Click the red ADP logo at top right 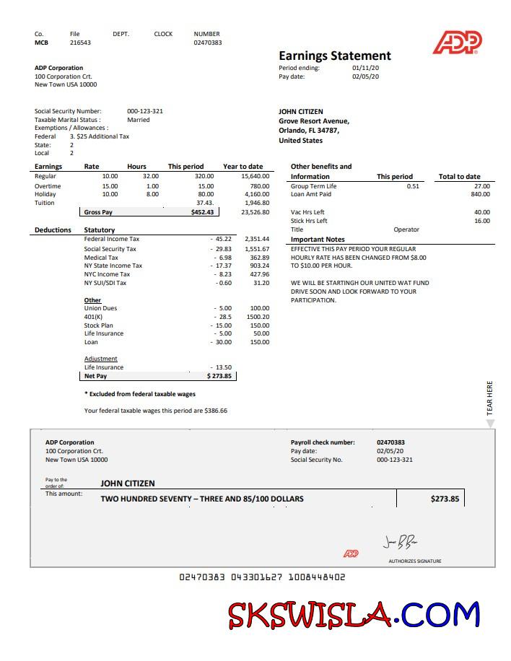coord(457,43)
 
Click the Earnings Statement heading coord(334,56)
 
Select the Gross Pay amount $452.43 coord(202,212)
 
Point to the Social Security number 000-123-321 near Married coord(144,111)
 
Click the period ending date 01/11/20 coord(365,68)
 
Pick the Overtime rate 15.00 coord(110,186)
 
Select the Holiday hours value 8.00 coord(152,194)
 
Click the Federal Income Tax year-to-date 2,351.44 coord(257,238)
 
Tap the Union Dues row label coord(100,308)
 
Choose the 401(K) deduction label coord(93,317)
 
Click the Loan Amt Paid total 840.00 coord(480,194)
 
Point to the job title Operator coord(406,229)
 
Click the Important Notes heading coord(318,240)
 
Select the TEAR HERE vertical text coord(490,398)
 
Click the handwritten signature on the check coord(400,542)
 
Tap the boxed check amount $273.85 coord(445,499)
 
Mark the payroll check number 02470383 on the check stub coord(390,442)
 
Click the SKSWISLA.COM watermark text coord(354,615)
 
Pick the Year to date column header coord(243,167)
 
